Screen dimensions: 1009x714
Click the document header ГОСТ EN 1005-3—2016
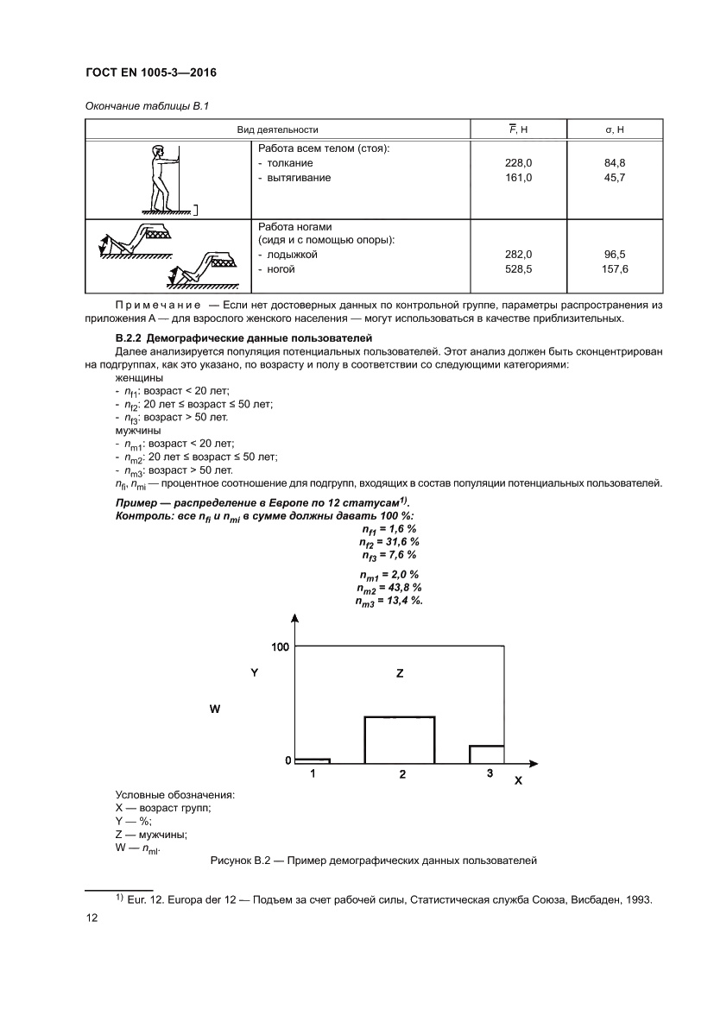(150, 73)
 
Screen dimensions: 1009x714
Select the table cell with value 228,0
(518, 163)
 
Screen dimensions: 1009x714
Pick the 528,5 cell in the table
(518, 269)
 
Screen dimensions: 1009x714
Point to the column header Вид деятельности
(278, 129)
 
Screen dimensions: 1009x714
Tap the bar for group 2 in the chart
(400, 740)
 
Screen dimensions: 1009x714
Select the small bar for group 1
(313, 760)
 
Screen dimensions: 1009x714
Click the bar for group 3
(487, 754)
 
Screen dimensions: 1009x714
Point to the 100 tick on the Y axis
(280, 646)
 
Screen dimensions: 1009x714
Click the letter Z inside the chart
(400, 672)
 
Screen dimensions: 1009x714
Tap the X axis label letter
(518, 780)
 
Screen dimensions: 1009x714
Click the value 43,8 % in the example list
(403, 587)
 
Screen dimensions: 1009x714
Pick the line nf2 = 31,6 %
(389, 541)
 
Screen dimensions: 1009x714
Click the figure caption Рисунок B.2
(374, 861)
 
